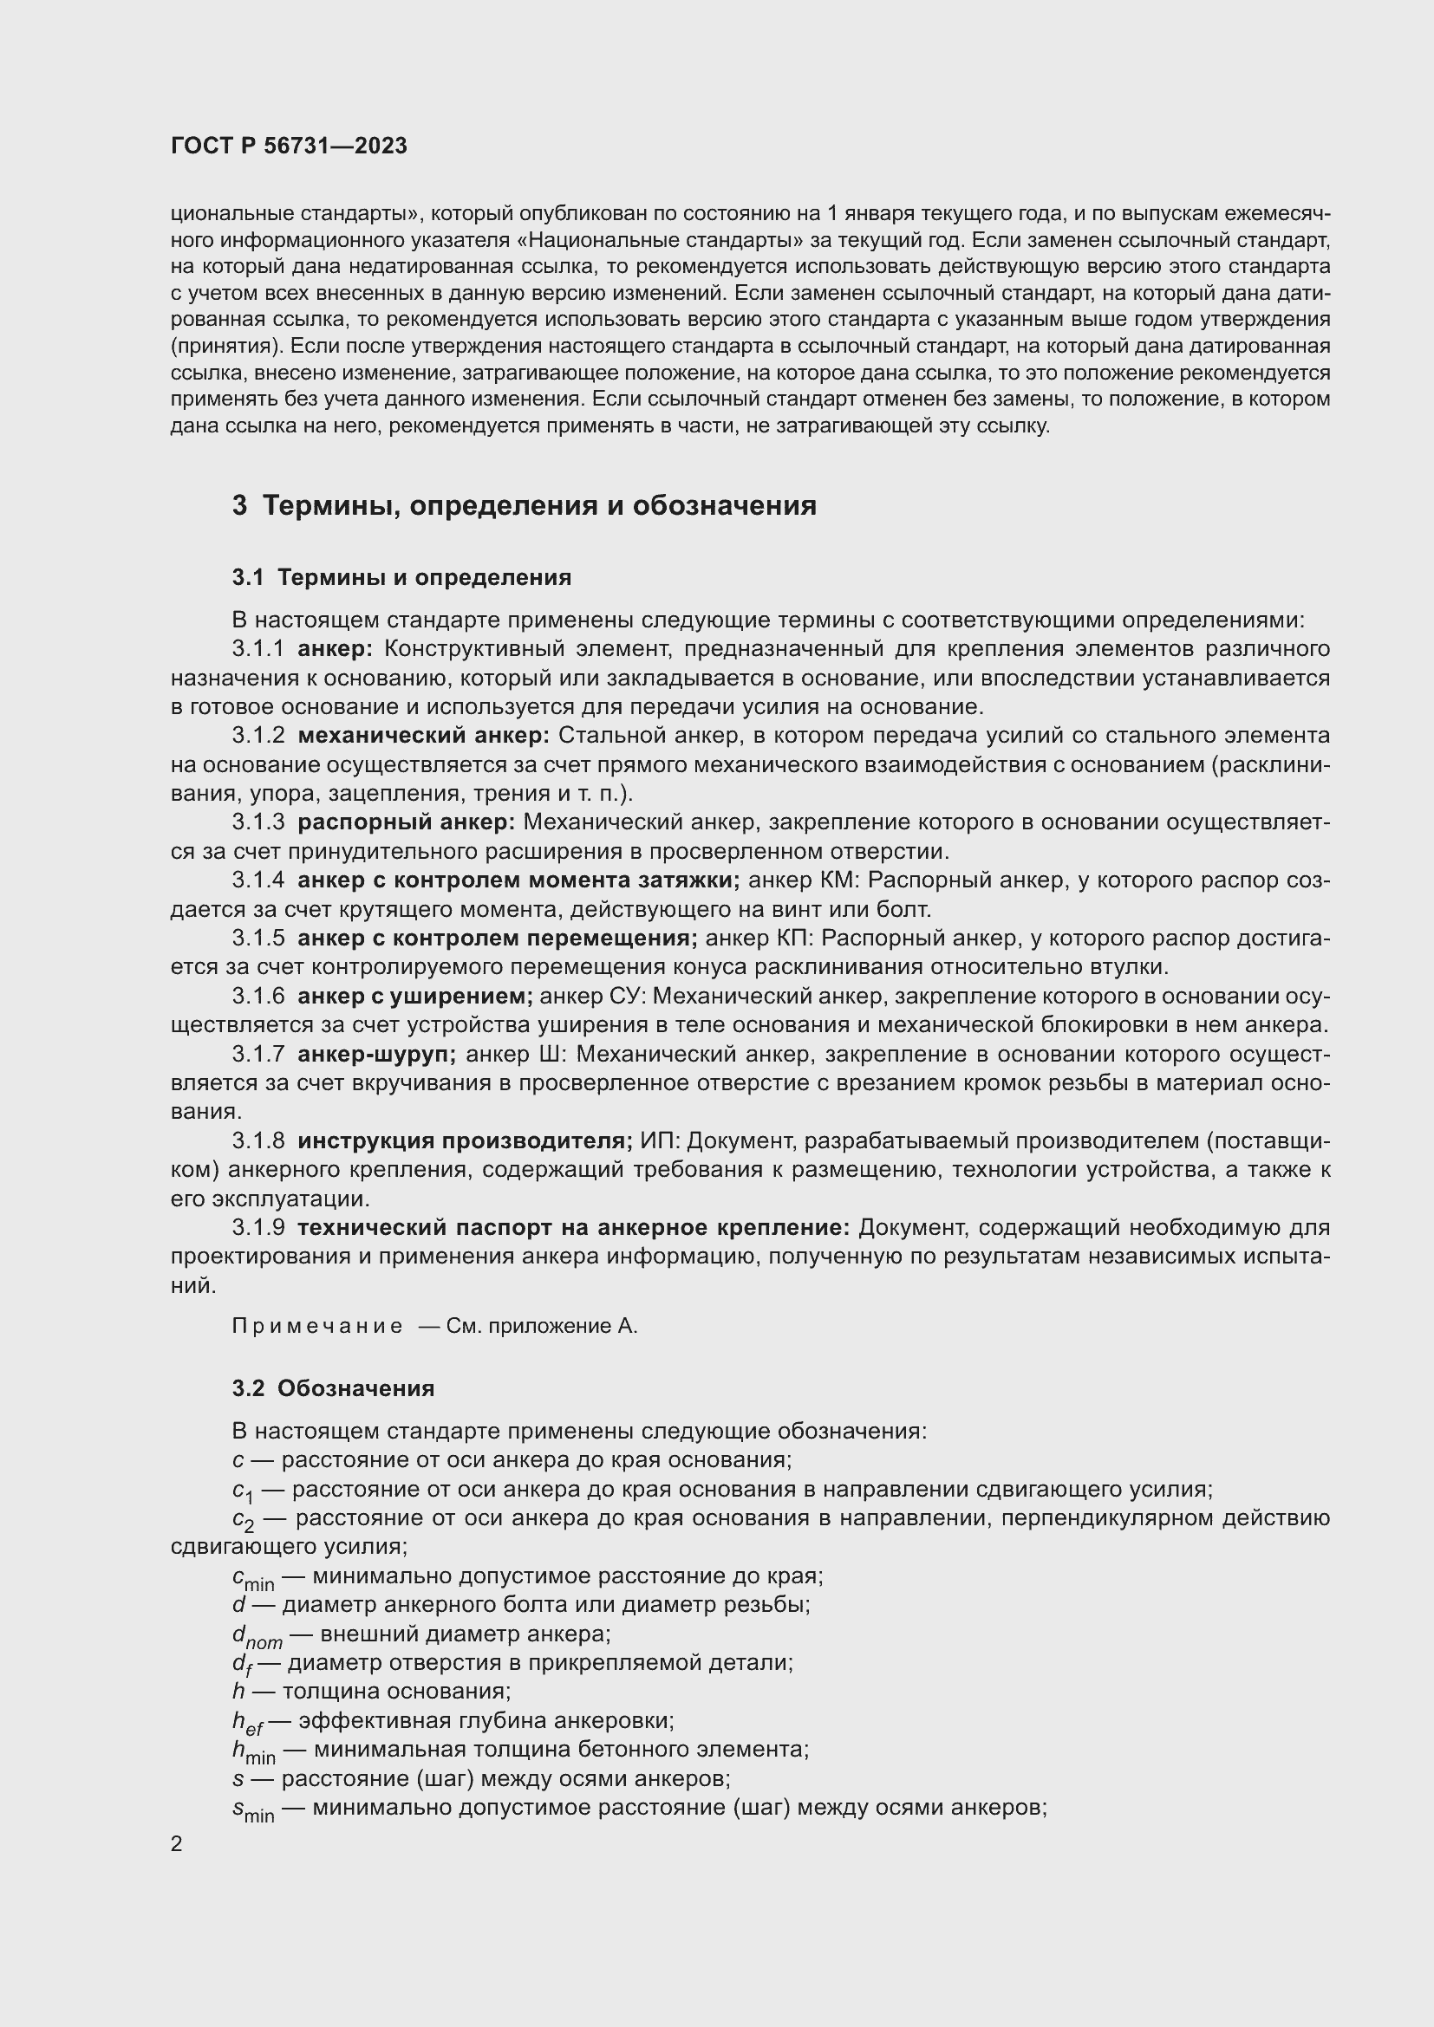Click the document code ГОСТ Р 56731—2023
(x=289, y=146)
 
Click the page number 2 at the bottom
(x=177, y=1843)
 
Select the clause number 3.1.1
(x=257, y=649)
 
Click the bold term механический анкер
(x=423, y=736)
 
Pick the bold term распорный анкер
(x=405, y=822)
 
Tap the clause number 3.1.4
(x=257, y=880)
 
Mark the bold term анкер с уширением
(x=414, y=996)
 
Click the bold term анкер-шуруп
(x=376, y=1054)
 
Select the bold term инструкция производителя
(x=465, y=1140)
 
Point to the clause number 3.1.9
(x=257, y=1227)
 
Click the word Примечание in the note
(x=317, y=1326)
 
